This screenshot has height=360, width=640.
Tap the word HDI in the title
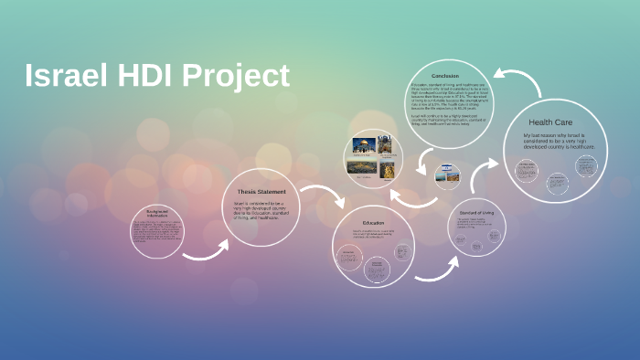(x=150, y=76)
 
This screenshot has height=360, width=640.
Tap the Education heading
(x=373, y=223)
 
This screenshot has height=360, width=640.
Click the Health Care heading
(x=550, y=122)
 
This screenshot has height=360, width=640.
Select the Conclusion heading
(x=445, y=75)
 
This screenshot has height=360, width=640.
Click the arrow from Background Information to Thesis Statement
(x=206, y=250)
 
